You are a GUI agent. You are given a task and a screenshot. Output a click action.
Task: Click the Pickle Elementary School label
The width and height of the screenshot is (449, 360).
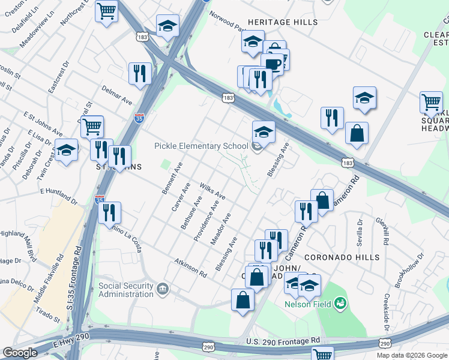click(201, 146)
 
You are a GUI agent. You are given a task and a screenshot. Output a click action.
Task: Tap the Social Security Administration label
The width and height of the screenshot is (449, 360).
click(126, 290)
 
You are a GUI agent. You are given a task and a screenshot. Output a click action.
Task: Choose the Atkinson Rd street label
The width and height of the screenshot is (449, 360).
click(191, 268)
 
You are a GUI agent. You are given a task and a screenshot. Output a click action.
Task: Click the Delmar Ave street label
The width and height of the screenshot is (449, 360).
click(116, 95)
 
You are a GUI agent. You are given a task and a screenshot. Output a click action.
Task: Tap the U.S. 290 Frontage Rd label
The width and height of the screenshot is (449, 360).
click(283, 341)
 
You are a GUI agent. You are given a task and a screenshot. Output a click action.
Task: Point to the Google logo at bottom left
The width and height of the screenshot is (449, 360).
click(20, 352)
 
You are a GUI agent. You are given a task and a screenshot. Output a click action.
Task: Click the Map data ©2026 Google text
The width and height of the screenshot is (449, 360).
click(412, 355)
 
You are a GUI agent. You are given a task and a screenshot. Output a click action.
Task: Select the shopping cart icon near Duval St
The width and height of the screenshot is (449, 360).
click(92, 126)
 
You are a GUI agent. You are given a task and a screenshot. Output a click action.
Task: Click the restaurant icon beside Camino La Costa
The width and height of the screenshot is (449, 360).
click(110, 212)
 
